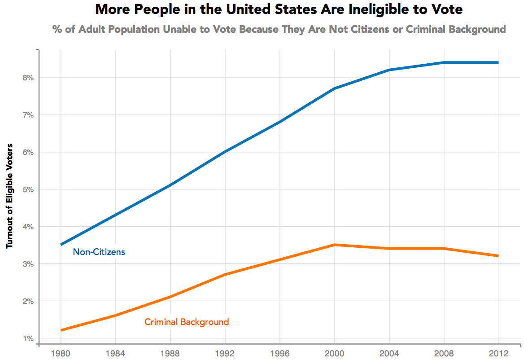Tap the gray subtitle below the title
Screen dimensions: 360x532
coord(279,30)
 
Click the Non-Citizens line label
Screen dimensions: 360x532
coord(99,252)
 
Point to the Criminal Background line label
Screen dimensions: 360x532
coord(187,322)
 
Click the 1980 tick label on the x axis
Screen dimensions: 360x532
coord(61,352)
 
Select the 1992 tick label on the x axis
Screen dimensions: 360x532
coord(225,352)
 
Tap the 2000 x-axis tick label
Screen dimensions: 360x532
coord(335,352)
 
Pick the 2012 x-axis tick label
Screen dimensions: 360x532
coord(498,352)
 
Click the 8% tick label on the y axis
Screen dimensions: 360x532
coord(29,78)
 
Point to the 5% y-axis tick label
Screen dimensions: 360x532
coord(29,189)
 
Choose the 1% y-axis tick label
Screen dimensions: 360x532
coord(29,338)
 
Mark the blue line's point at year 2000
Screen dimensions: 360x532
coord(335,88)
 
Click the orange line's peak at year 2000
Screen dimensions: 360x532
coord(335,245)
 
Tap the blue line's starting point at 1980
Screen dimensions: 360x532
coord(61,245)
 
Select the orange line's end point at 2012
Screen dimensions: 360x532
coord(498,256)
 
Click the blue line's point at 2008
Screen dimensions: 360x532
coord(444,62)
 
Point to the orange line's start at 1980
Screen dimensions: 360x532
coord(61,330)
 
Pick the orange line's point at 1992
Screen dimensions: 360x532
coord(225,274)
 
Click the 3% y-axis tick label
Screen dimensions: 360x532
coord(29,264)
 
